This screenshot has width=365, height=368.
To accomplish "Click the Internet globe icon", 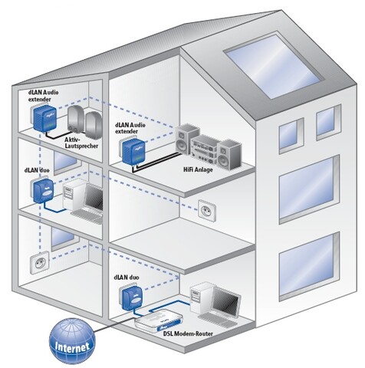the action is [72, 341].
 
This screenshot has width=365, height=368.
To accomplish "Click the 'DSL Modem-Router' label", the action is [188, 333].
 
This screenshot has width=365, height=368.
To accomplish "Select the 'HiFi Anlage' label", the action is [198, 169].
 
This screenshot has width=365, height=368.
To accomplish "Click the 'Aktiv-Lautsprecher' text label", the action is [81, 143].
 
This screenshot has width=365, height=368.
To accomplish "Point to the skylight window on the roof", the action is [275, 66].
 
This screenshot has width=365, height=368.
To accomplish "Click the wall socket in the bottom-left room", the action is [40, 263].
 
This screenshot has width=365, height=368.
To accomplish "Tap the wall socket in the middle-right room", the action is [207, 210].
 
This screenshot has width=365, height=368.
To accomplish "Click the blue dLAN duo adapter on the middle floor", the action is [44, 191].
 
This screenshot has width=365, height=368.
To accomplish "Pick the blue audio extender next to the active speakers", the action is [44, 118].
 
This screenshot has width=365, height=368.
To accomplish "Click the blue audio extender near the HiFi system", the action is [133, 151].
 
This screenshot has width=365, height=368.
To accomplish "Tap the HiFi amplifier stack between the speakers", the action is [205, 149].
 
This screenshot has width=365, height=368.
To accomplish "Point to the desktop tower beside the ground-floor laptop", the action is [201, 297].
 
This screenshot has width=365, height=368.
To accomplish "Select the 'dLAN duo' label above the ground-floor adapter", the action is [127, 278].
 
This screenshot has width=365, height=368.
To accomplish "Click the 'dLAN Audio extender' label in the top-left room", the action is [43, 96].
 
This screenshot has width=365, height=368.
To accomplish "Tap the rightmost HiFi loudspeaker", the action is [229, 155].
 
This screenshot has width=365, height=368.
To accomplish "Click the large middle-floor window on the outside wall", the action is [309, 189].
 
